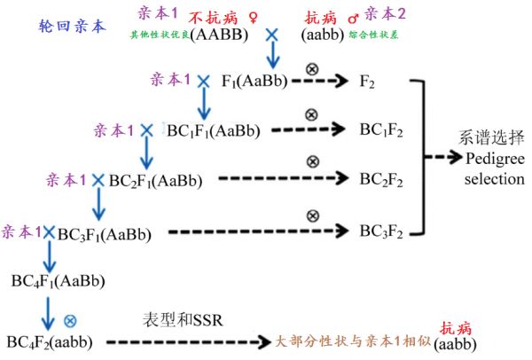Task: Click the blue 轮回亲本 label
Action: point(72,26)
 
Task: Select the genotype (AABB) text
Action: point(219,35)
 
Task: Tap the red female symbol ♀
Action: point(253,18)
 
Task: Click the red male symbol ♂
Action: point(354,18)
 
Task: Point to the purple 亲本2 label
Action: point(385,14)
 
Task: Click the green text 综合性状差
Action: point(373,35)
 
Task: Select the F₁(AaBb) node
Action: point(254,81)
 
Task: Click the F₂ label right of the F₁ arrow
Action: point(367,82)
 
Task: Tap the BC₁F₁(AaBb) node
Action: point(214,130)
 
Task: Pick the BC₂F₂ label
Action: point(381,179)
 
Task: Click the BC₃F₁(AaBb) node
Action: point(104,234)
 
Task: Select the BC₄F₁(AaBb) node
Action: point(58,281)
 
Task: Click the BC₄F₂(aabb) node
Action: point(50,342)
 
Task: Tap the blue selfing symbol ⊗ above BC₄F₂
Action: point(70,321)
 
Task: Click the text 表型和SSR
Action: point(183,320)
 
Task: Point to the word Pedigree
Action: point(495,159)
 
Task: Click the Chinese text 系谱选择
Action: point(491,137)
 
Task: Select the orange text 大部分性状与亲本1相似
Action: point(353,341)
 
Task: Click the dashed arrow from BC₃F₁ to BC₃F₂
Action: point(259,231)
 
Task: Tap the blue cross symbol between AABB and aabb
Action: point(272,35)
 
